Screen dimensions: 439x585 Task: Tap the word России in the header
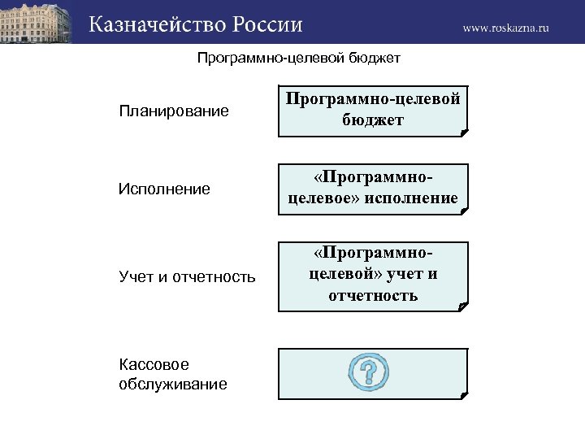268,24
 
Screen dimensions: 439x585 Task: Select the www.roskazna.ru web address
505,28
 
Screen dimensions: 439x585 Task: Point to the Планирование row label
173,110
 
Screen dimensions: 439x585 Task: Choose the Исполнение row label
164,189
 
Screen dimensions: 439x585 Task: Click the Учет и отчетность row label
187,277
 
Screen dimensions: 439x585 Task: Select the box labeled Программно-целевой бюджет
373,110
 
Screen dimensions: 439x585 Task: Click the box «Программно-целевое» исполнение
373,189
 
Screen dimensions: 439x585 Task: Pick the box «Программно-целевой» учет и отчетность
373,276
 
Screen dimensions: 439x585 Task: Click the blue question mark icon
368,371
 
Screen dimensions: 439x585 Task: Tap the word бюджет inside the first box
373,120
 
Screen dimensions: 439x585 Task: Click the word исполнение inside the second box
414,198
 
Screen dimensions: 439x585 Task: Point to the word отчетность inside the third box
373,295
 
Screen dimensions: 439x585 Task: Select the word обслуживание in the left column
172,384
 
